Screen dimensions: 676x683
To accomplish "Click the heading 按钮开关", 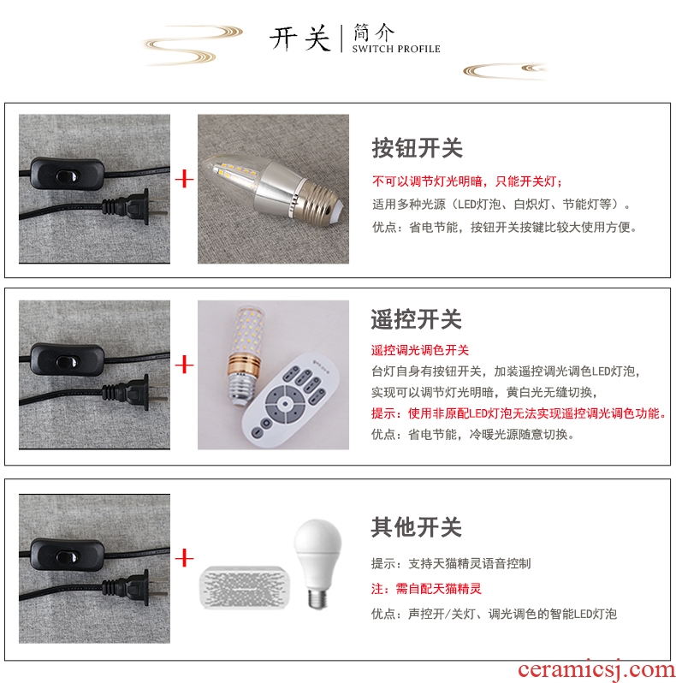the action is [x=417, y=148].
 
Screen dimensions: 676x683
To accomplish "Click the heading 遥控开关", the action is [x=416, y=319].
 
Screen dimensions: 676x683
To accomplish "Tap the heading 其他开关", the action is [x=416, y=527].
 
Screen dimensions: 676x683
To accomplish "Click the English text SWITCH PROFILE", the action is [x=396, y=50].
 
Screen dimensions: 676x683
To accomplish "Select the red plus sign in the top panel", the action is [x=184, y=179].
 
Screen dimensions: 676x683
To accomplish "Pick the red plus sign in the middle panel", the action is [x=184, y=365].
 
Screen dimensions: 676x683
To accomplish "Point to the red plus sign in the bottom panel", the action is [x=184, y=558].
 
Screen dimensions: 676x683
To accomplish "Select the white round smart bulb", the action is [x=317, y=563].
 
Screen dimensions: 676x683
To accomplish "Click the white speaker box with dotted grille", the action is [x=245, y=587].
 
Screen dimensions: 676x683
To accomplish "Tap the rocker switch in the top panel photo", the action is [x=67, y=175].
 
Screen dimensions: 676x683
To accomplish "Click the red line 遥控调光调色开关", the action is [x=419, y=350].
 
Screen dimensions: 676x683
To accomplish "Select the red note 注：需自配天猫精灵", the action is [x=426, y=589].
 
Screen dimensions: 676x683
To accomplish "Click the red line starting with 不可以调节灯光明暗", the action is [x=467, y=181].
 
